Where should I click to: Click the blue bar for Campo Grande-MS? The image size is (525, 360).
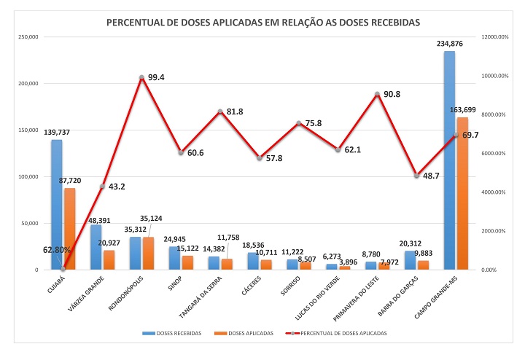(450, 160)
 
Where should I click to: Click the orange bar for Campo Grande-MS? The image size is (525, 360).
(462, 193)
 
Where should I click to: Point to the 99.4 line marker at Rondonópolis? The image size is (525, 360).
(141, 77)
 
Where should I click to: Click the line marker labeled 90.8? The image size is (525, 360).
(377, 94)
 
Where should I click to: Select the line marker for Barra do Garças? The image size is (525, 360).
(416, 176)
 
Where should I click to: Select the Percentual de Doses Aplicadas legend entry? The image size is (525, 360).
(342, 333)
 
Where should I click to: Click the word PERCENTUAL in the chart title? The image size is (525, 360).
(138, 23)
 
